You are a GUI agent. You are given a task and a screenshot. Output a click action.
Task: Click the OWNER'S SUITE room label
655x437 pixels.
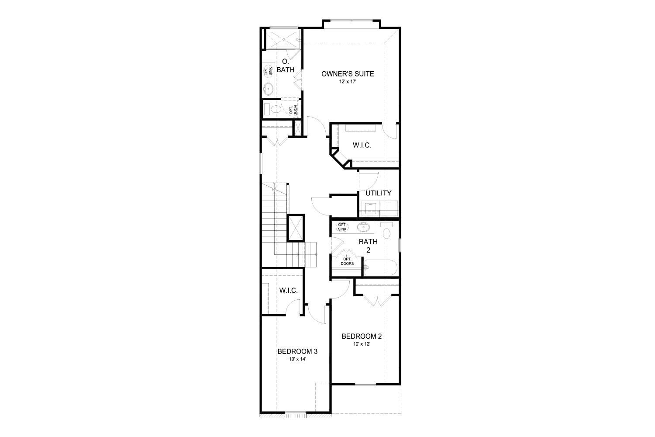[348, 74]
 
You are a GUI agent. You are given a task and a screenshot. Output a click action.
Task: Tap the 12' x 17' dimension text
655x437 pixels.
[348, 82]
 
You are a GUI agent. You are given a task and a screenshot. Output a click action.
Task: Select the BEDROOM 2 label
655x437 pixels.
[362, 336]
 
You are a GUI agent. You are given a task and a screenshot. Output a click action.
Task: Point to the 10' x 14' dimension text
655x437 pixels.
[297, 359]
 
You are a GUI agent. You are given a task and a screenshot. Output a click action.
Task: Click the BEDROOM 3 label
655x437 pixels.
[297, 351]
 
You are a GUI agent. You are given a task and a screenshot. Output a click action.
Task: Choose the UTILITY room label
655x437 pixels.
[378, 193]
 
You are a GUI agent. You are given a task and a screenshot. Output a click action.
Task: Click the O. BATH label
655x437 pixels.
[286, 65]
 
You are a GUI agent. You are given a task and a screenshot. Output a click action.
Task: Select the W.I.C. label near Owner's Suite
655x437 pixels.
[362, 145]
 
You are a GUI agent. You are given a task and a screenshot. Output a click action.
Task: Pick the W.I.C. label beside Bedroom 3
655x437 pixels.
[289, 290]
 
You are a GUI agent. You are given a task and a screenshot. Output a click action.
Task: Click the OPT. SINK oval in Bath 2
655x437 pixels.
[342, 227]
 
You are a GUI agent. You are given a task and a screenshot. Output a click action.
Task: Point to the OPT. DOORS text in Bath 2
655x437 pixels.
[348, 261]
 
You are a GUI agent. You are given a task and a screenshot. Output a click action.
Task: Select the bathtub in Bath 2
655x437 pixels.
[380, 267]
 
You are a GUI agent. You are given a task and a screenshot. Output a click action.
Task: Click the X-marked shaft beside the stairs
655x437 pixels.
[296, 227]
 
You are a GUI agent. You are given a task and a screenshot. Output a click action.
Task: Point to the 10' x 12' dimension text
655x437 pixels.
[362, 344]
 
